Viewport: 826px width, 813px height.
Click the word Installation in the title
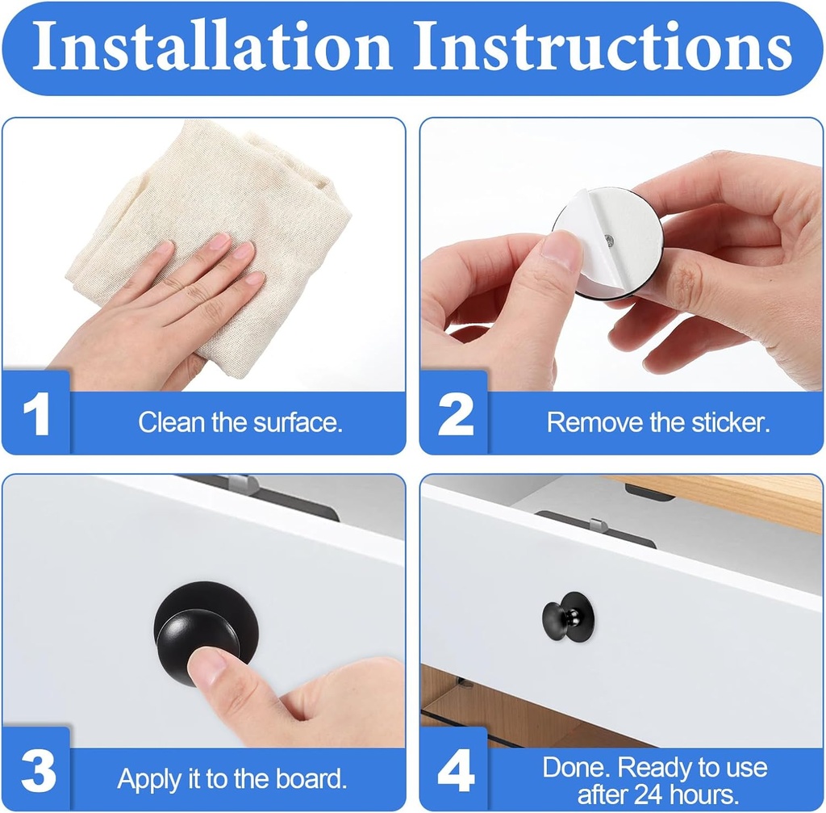tap(211, 47)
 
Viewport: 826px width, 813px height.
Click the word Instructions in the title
tap(602, 47)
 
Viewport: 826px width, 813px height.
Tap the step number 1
tap(36, 417)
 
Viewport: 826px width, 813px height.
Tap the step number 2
tap(456, 417)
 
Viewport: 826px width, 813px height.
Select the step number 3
tap(37, 771)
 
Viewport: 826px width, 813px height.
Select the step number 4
tap(456, 771)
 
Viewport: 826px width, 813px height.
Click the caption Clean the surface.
tap(240, 422)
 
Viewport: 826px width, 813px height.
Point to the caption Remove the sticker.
tap(657, 422)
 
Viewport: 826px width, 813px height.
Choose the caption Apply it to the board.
tap(232, 779)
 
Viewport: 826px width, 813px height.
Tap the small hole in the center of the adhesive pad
tap(608, 240)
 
